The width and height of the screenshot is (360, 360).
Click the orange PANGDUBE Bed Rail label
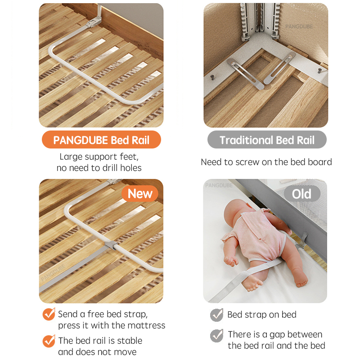pyautogui.click(x=101, y=139)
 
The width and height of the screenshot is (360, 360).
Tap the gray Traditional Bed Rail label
pyautogui.click(x=267, y=139)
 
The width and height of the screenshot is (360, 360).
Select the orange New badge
pyautogui.click(x=140, y=193)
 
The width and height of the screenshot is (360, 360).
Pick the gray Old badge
pyautogui.click(x=302, y=194)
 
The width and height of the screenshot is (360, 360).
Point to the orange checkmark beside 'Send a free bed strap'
pyautogui.click(x=49, y=314)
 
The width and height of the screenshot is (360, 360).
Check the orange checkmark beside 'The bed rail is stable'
pyautogui.click(x=49, y=341)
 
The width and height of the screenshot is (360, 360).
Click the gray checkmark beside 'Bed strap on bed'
pyautogui.click(x=217, y=315)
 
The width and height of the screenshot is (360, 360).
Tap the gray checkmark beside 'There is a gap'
pyautogui.click(x=217, y=335)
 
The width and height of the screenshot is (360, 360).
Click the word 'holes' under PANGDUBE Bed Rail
pyautogui.click(x=131, y=168)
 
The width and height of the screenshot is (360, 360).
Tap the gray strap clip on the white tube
pyautogui.click(x=111, y=245)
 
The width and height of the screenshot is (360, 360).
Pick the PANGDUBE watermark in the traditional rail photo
pyautogui.click(x=299, y=27)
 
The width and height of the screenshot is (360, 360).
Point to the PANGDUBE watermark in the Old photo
pyautogui.click(x=219, y=185)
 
